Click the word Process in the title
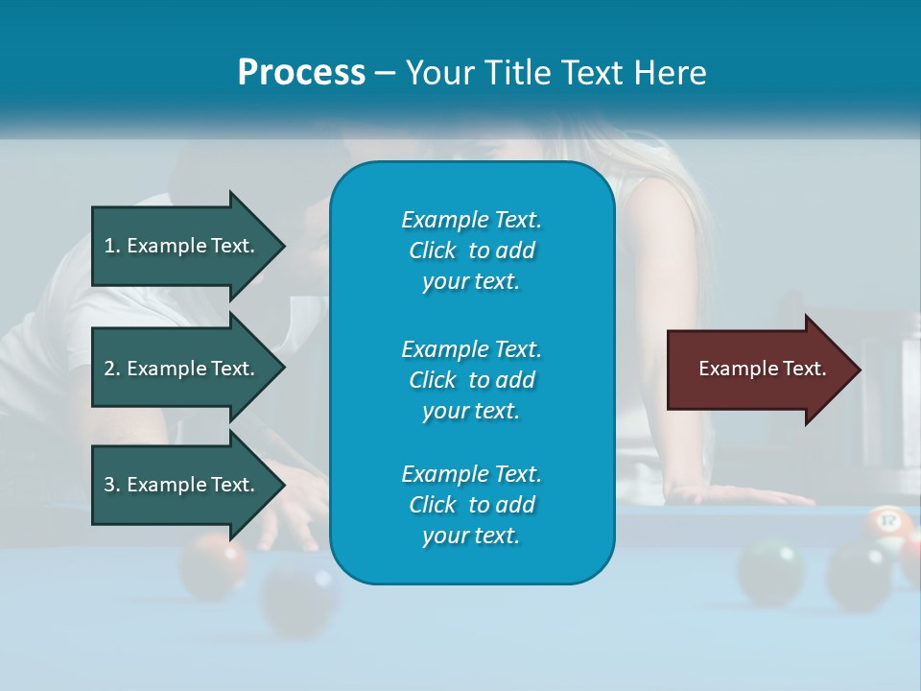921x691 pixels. tap(301, 73)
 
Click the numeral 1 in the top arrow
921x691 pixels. tap(109, 246)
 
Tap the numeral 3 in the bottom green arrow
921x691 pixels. tap(109, 485)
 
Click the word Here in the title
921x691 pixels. tap(672, 73)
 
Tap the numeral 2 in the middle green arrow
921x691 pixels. tap(109, 369)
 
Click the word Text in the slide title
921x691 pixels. tap(597, 73)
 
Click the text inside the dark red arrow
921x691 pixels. tap(763, 369)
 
